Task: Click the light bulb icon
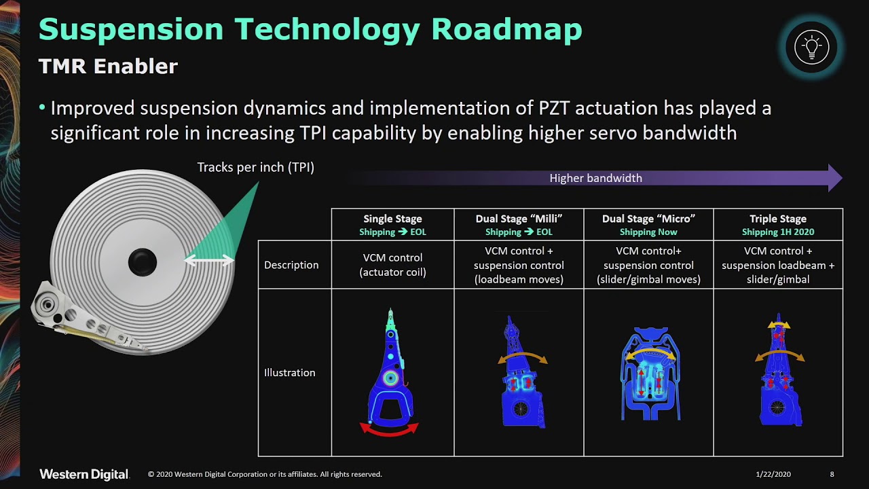coord(811,48)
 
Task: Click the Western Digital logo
coord(84,474)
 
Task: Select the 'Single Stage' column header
coord(392,219)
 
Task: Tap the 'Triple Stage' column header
coord(777,219)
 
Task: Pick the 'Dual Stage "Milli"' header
coord(519,219)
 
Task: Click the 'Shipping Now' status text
coord(648,232)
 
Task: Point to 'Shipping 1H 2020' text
coord(777,232)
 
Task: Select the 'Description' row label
coord(291,265)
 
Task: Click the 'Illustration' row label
coord(289,372)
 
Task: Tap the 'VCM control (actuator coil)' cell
coord(392,265)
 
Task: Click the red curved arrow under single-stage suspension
coord(389,429)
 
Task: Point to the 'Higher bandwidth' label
coord(595,178)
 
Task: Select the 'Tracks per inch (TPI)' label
coord(255,167)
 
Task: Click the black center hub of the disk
coord(143,261)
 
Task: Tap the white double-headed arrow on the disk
coord(209,260)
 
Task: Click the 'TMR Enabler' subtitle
coord(108,67)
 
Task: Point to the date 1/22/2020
coord(773,474)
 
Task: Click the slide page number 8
coord(832,474)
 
